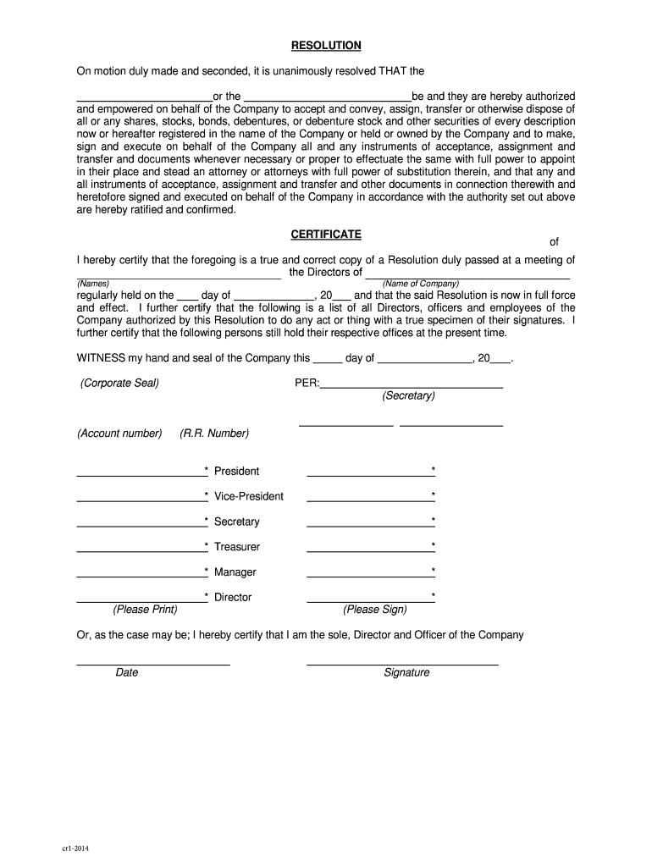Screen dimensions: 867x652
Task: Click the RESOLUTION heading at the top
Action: click(x=326, y=45)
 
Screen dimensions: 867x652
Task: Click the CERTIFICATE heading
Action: click(x=326, y=233)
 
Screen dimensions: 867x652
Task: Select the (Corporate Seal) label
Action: click(x=119, y=383)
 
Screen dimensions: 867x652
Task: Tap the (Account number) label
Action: click(x=119, y=433)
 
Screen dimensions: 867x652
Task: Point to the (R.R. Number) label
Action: click(x=214, y=433)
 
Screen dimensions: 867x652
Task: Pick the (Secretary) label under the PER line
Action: click(x=408, y=395)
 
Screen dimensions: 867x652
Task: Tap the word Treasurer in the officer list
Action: click(x=237, y=547)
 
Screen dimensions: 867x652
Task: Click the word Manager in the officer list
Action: click(x=235, y=572)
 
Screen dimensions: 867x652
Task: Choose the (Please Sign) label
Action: click(x=374, y=610)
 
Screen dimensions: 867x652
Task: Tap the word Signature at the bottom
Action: click(x=406, y=672)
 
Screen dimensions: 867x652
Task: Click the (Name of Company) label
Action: click(x=420, y=284)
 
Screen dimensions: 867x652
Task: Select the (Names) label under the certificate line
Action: click(x=93, y=284)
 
